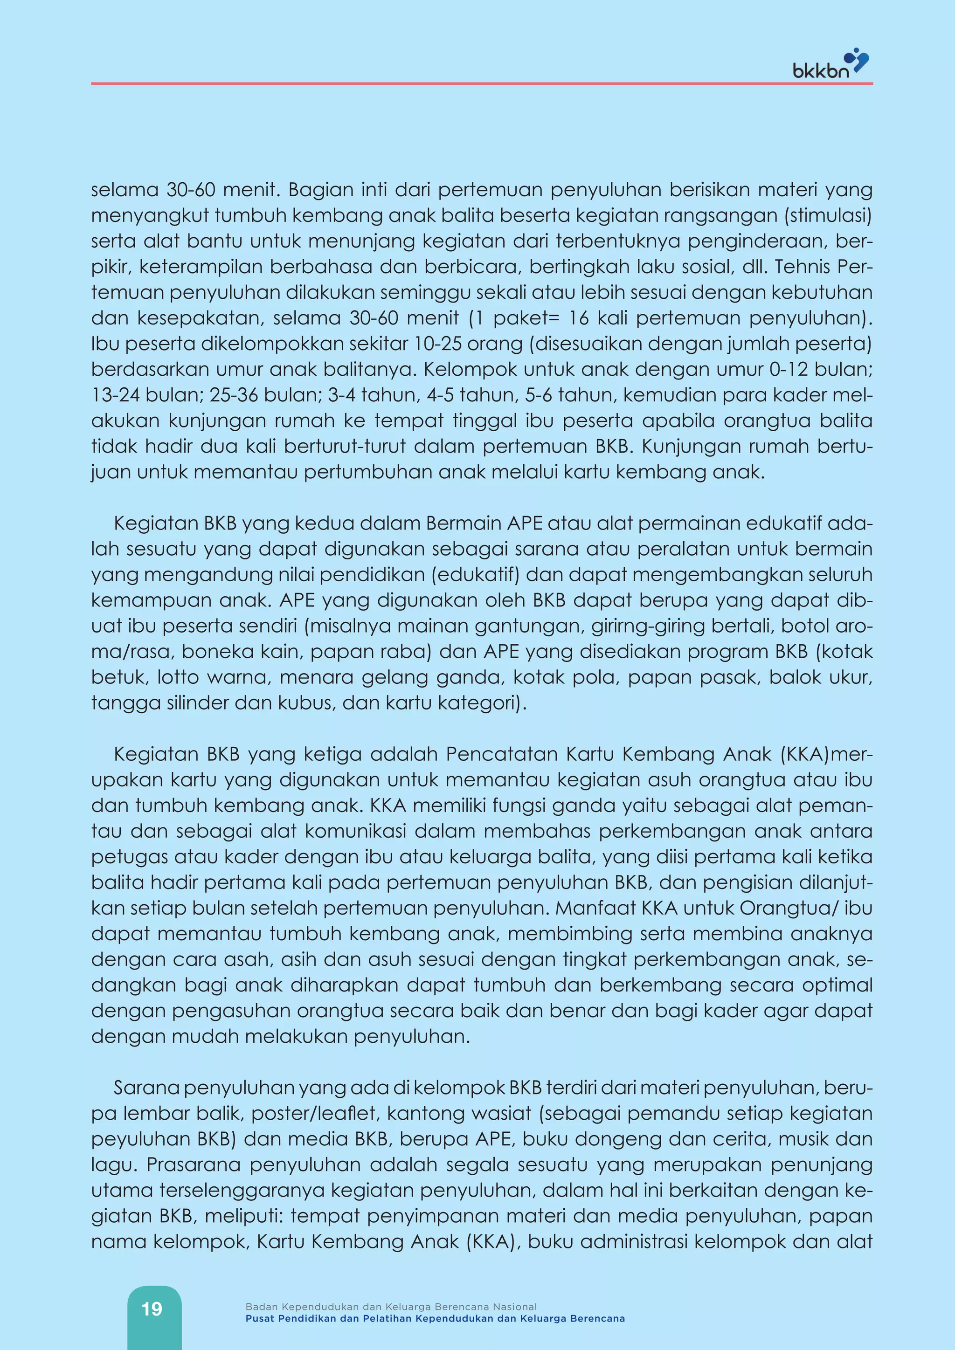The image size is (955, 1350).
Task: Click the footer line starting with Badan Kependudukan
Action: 391,1307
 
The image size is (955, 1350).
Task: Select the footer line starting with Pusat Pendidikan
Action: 435,1318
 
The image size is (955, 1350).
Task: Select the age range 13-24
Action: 115,394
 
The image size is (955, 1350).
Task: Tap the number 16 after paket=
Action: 578,318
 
